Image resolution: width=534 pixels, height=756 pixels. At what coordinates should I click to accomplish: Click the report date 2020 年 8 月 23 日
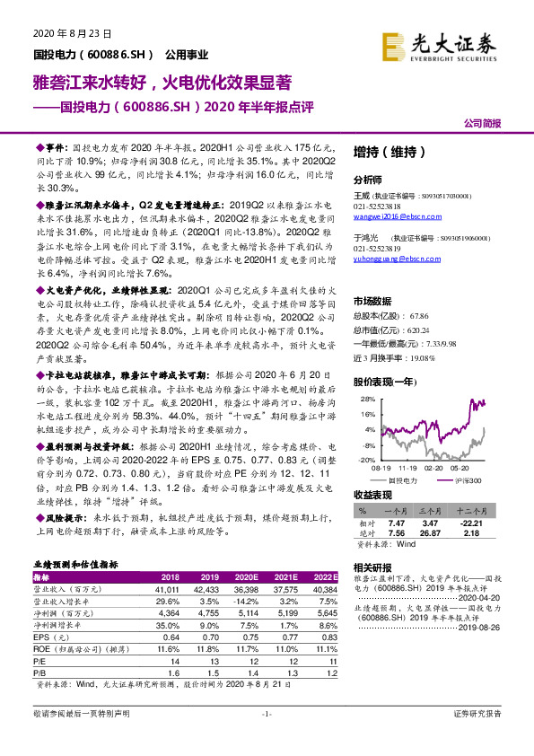pos(71,33)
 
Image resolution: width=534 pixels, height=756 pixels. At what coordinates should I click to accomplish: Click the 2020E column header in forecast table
pos(243,576)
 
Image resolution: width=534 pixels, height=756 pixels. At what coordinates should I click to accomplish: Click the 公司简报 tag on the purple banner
pos(482,122)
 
